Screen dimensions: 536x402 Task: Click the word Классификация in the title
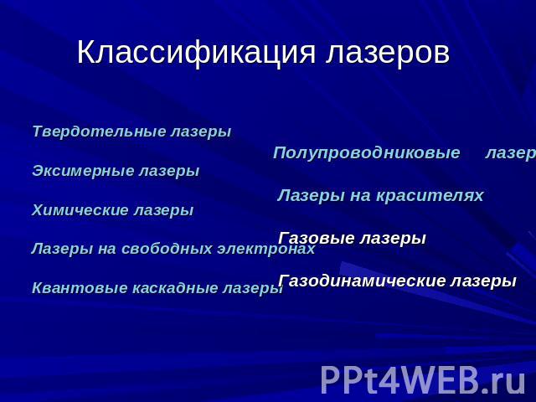[196, 53]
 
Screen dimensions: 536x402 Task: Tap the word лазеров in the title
[387, 53]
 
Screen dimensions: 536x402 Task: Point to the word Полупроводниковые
[367, 152]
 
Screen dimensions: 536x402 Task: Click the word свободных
[167, 249]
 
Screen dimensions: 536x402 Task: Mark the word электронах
[266, 249]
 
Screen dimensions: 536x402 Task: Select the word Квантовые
[80, 288]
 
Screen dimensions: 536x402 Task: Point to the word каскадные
[175, 288]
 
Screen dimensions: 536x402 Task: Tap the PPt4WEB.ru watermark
[423, 380]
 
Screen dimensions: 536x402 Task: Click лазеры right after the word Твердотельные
[201, 132]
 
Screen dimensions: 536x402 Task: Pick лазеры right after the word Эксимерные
[169, 171]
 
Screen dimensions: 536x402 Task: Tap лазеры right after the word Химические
[164, 210]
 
